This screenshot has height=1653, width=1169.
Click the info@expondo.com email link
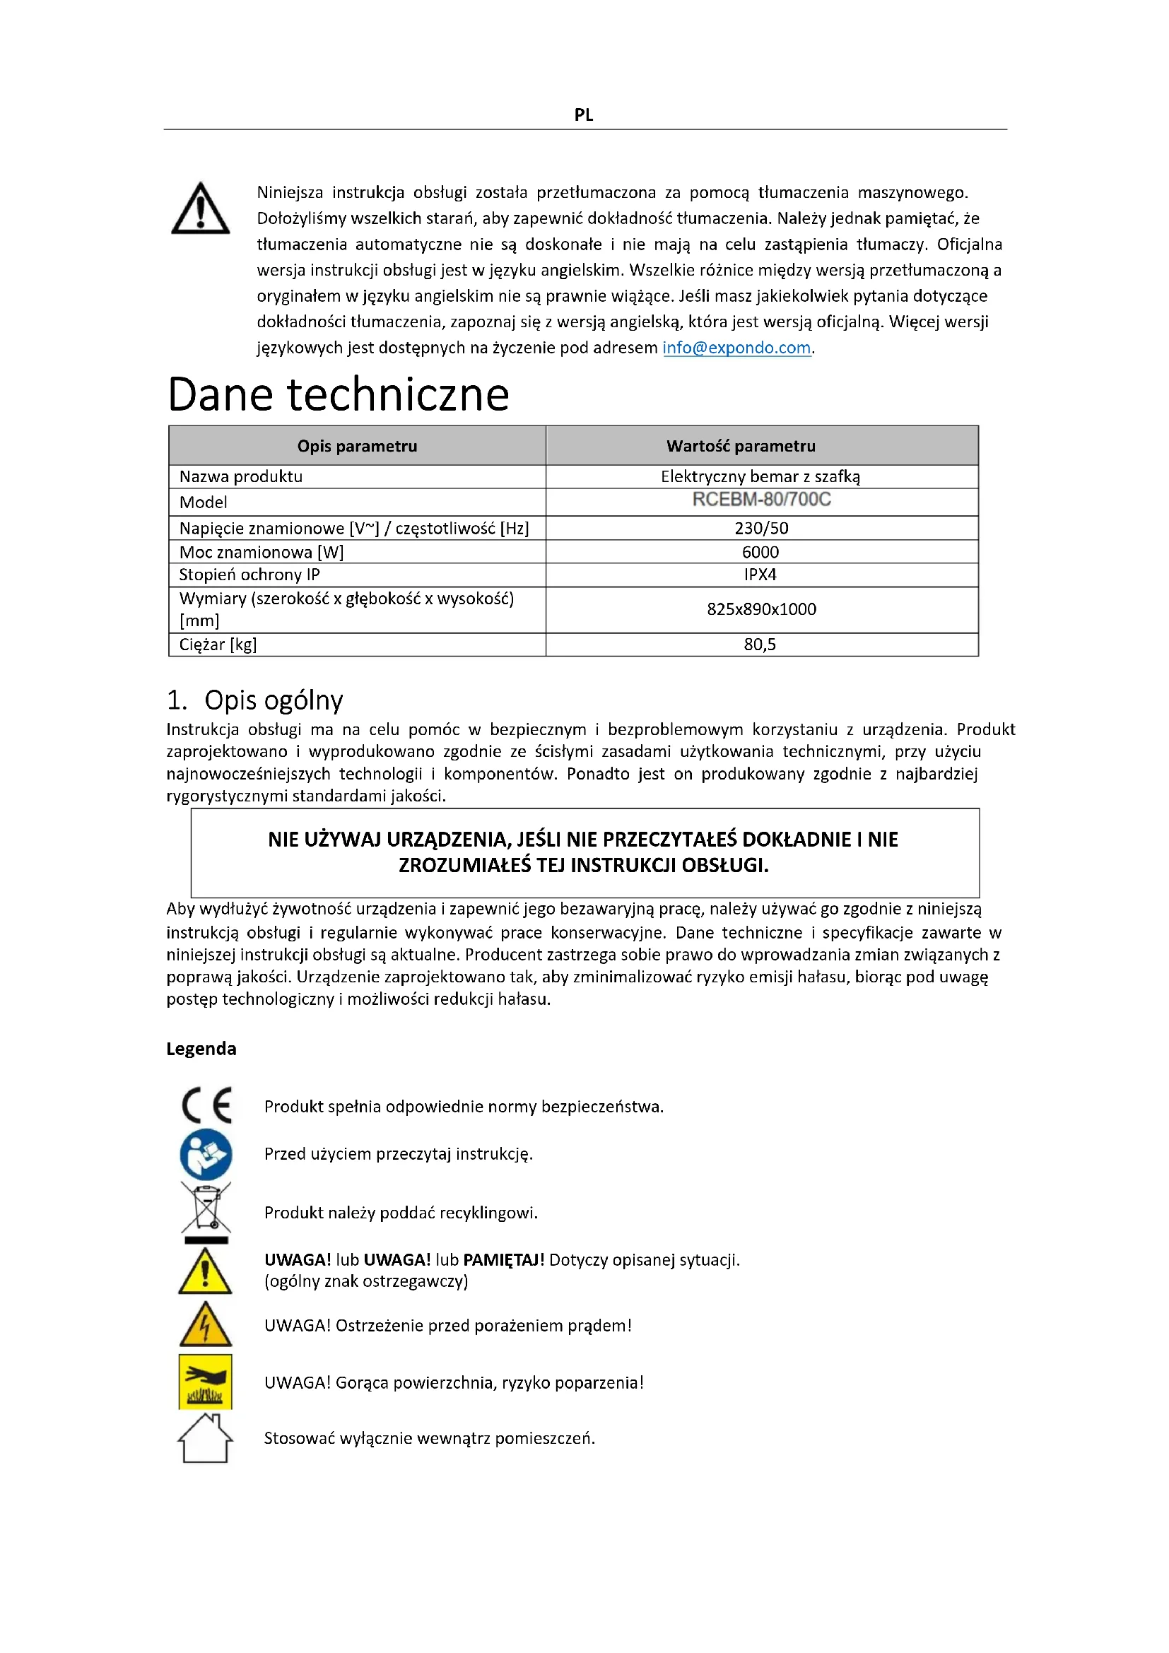[x=736, y=348]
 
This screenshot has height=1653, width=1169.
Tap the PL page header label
[x=584, y=115]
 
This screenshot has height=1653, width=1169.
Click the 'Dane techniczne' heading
[x=339, y=394]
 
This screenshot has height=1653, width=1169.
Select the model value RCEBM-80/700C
[x=761, y=500]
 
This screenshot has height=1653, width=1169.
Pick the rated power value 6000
[x=760, y=552]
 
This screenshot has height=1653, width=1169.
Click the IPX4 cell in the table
[x=760, y=575]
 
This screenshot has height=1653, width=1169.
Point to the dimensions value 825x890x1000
[x=761, y=609]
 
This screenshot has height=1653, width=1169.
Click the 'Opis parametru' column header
[x=357, y=447]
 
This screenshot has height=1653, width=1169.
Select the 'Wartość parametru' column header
[x=741, y=447]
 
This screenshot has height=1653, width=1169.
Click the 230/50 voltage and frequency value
[x=761, y=529]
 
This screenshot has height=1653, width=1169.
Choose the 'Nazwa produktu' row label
[x=241, y=476]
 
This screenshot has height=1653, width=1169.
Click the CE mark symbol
[x=206, y=1105]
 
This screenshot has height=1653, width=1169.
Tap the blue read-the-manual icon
[x=206, y=1153]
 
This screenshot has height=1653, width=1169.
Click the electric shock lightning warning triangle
[x=206, y=1324]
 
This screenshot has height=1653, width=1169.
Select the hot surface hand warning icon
[x=206, y=1381]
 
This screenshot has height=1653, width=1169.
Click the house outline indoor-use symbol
[x=205, y=1437]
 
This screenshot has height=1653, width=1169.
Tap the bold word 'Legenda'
[x=201, y=1049]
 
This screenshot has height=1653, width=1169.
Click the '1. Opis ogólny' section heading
[x=255, y=700]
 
